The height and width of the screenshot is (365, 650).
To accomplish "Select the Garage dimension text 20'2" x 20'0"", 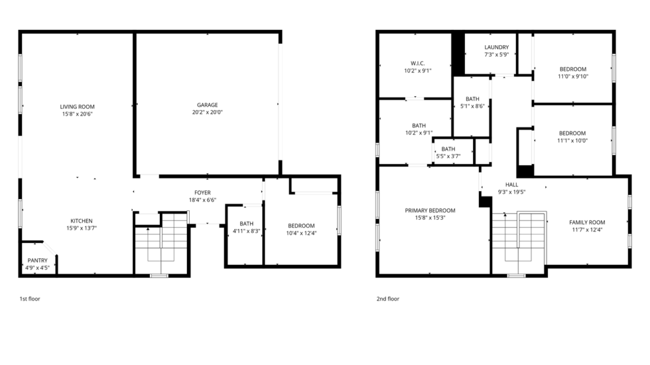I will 207,112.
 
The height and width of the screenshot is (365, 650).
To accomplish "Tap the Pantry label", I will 37,260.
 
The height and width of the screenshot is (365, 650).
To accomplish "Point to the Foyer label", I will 203,193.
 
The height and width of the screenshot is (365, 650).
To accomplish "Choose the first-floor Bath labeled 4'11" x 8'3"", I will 246,227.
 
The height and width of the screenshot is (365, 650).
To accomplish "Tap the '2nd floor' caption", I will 388,299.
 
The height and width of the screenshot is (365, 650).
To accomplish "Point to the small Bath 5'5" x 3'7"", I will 448,152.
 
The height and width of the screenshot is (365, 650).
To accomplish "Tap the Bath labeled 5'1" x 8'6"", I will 472,103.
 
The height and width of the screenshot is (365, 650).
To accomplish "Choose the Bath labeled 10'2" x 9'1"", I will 419,128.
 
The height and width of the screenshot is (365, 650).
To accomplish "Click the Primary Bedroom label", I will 430,214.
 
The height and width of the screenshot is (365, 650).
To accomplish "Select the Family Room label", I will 587,226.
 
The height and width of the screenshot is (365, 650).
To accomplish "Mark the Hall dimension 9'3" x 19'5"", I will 512,192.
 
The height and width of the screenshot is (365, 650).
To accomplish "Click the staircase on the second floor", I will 518,240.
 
